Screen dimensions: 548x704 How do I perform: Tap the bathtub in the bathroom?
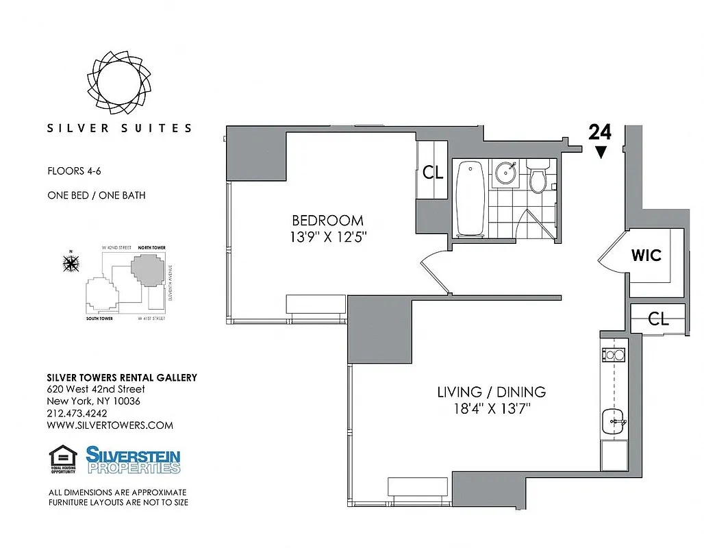(470, 199)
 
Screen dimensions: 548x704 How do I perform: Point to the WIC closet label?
(646, 256)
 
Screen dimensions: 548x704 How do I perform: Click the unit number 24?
(599, 132)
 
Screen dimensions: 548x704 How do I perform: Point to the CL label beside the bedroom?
(433, 173)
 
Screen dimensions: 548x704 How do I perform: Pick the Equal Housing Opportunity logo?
(62, 460)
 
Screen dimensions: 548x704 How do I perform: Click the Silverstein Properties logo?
(133, 460)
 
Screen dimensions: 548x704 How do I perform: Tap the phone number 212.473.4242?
(77, 413)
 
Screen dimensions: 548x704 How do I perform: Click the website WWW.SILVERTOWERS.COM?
(110, 425)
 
